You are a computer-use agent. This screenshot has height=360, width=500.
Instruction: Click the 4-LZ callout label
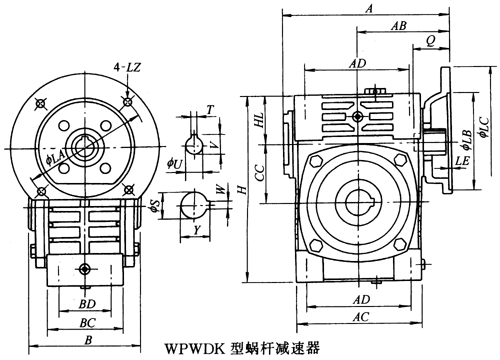127,67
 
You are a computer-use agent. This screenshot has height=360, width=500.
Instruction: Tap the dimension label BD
87,304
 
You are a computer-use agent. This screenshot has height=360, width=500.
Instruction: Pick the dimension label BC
87,323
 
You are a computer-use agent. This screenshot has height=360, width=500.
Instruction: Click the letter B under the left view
88,340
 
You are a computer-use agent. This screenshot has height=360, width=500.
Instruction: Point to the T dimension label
210,110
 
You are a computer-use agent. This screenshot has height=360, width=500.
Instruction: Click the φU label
175,163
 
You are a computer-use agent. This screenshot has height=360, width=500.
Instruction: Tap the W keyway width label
220,190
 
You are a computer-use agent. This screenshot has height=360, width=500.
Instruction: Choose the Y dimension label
198,230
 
